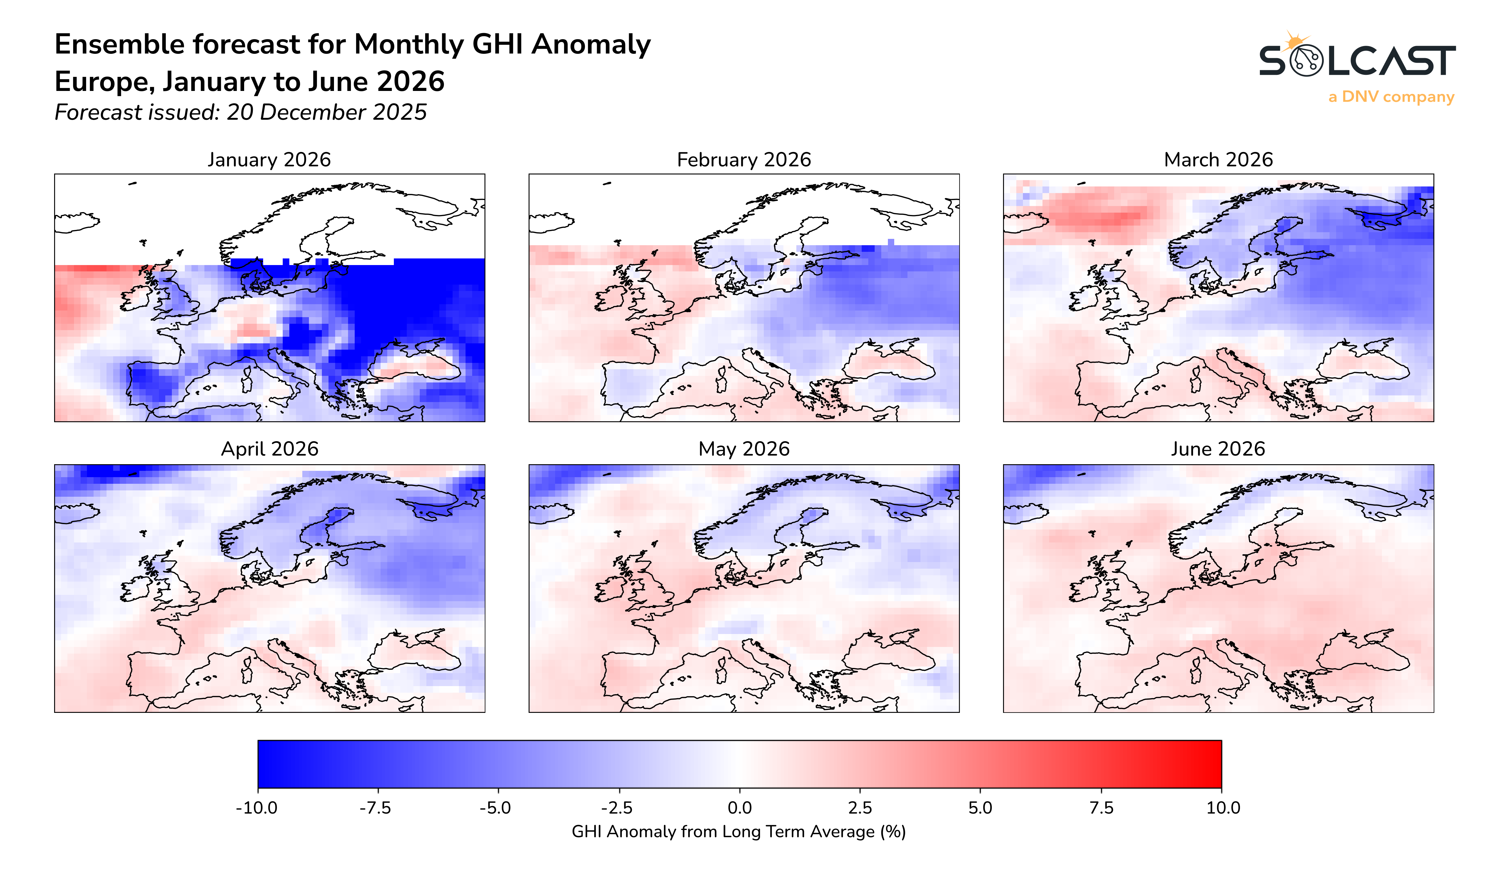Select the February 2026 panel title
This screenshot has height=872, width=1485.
click(744, 160)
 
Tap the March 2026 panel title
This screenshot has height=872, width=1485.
click(1218, 160)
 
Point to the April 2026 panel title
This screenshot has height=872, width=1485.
click(269, 449)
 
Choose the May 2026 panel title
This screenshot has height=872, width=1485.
click(744, 449)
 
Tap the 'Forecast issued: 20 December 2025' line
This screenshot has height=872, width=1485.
click(240, 112)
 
